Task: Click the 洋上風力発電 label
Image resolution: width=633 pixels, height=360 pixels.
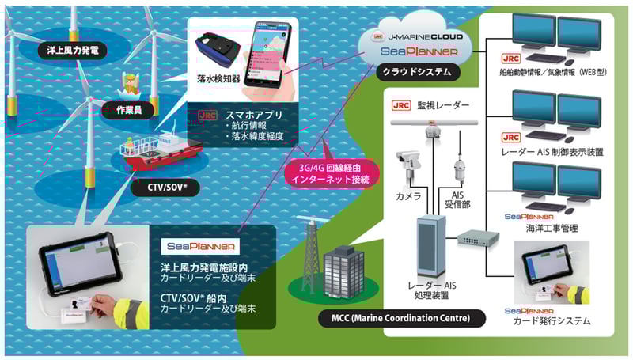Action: [72, 51]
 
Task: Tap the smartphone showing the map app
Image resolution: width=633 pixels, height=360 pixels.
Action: [270, 53]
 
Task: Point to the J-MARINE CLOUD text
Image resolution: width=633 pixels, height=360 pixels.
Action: [427, 36]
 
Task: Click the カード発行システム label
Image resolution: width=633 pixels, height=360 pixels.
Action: [552, 321]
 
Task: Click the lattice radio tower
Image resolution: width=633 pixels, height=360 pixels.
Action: [305, 252]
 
